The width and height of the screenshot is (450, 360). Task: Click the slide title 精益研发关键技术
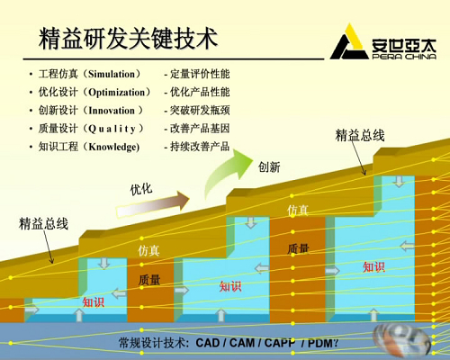pos(128,38)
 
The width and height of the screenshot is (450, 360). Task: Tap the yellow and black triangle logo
pos(349,42)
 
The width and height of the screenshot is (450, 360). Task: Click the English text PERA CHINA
pos(404,57)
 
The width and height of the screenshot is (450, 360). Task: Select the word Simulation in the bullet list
pos(112,74)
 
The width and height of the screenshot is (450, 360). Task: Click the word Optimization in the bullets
pos(117,93)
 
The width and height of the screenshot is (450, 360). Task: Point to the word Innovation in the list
pos(112,111)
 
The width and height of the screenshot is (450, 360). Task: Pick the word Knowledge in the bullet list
pos(114,148)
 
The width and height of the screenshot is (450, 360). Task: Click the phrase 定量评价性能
pos(200,74)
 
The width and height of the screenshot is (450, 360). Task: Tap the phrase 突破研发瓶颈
pos(200,111)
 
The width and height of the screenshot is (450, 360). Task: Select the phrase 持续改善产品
pos(200,147)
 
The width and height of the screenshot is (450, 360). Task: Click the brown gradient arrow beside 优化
pos(152,204)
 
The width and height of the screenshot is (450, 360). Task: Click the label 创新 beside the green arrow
pos(269,166)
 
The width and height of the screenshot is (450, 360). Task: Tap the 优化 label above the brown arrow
pos(141,189)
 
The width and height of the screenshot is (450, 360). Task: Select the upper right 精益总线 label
pos(360,135)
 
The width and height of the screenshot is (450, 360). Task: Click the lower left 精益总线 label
pos(43,224)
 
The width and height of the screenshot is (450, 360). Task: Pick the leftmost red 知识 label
pos(94,302)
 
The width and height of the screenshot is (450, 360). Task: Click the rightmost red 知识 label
pos(373,266)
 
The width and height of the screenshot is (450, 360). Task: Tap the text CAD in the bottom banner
pos(208,343)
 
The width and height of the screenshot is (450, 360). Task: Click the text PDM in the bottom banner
pos(320,343)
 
